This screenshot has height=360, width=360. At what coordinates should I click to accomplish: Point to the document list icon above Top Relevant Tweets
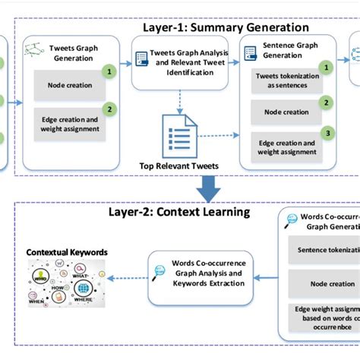pyautogui.click(x=181, y=136)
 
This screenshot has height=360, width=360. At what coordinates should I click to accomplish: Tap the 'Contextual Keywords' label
pyautogui.click(x=67, y=251)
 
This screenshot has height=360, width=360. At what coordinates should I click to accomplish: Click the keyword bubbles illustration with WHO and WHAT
pyautogui.click(x=67, y=286)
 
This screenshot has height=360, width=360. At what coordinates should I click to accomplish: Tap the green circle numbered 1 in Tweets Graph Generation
pyautogui.click(x=111, y=72)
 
